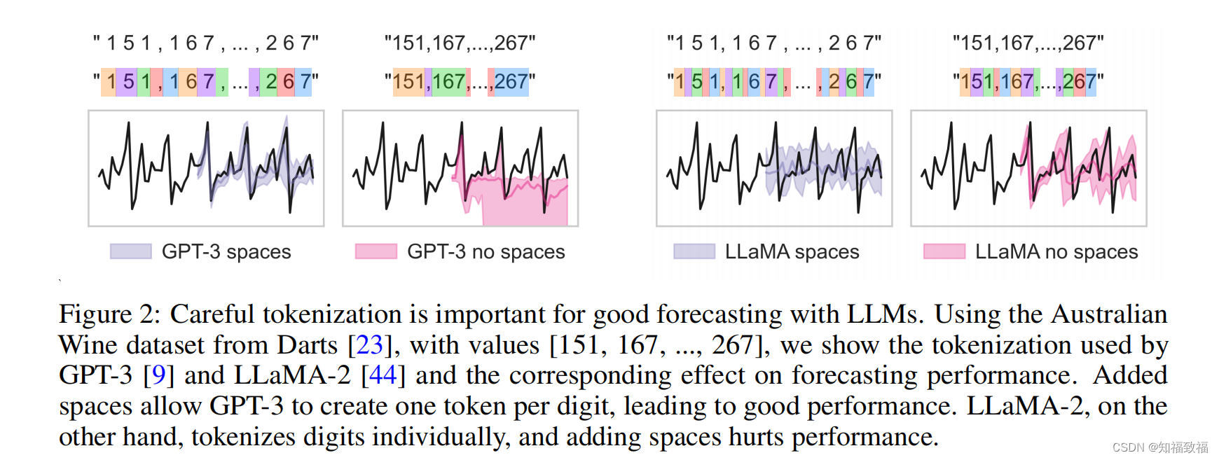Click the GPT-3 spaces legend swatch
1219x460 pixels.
(x=130, y=251)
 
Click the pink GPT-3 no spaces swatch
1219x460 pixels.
(x=376, y=251)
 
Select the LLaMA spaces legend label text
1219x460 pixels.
(x=792, y=251)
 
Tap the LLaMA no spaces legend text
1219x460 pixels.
(x=1056, y=251)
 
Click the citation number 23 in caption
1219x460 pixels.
(x=369, y=344)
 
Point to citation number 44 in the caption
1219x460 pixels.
(x=383, y=375)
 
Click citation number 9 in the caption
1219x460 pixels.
(x=158, y=375)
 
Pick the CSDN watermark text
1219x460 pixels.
(x=1159, y=447)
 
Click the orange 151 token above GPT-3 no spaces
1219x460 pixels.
(x=408, y=82)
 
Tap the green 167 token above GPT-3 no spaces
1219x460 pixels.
(x=448, y=82)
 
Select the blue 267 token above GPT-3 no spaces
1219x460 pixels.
(x=511, y=82)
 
